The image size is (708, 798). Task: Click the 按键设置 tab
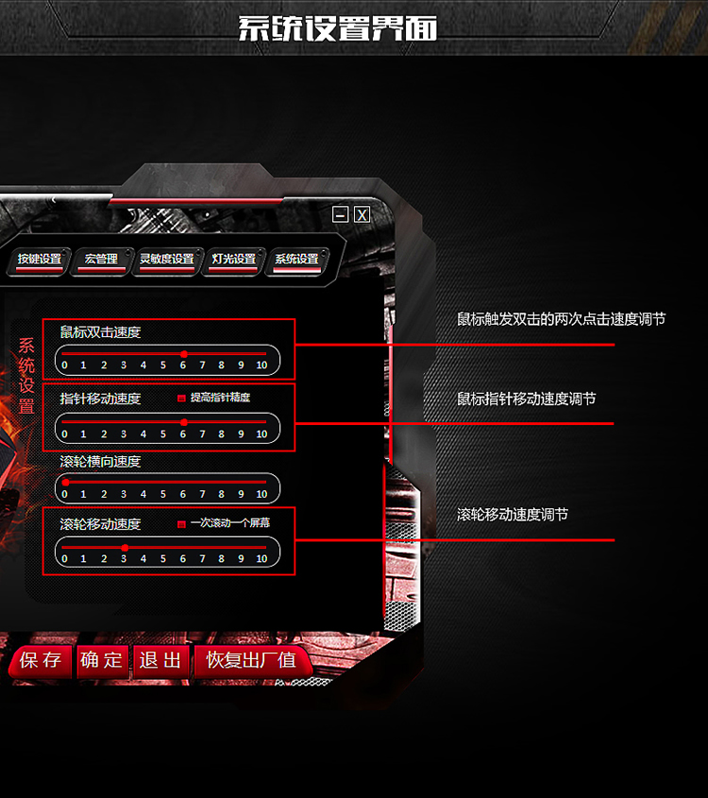[x=39, y=260]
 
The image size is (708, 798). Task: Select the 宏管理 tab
[x=101, y=260]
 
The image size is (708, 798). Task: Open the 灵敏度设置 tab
[x=167, y=260]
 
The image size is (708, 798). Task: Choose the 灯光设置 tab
[x=233, y=260]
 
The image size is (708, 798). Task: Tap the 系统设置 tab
[x=296, y=260]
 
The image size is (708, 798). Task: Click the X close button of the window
[x=362, y=215]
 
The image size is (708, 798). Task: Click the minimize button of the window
[x=341, y=215]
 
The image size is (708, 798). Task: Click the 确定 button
[x=102, y=661]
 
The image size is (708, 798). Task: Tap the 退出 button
[x=160, y=661]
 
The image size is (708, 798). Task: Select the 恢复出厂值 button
[x=251, y=661]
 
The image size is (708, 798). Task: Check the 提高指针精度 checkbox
[x=181, y=399]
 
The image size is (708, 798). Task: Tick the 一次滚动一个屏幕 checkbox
[x=181, y=523]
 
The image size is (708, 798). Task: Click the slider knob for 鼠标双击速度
[x=183, y=354]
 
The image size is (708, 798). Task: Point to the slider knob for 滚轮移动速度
[x=125, y=548]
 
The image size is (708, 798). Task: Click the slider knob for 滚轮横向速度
[x=65, y=483]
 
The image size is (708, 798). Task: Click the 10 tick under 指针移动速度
[x=261, y=434]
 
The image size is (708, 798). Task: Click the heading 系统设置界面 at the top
[x=337, y=28]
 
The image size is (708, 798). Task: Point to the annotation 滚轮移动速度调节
[x=513, y=516]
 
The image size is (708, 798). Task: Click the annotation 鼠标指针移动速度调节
[x=526, y=399]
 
